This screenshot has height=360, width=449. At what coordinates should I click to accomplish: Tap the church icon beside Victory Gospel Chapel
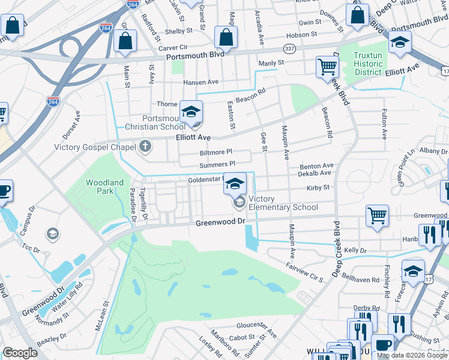coord(145,146)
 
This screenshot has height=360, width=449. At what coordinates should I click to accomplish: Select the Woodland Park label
coord(104,187)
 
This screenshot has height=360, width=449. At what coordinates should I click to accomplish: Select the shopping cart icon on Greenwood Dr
coord(377,215)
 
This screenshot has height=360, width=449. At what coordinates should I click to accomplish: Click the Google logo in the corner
coord(20,353)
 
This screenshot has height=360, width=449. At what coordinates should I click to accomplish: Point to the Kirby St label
coord(318,188)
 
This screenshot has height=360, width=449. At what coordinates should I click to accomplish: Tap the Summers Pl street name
coord(217,163)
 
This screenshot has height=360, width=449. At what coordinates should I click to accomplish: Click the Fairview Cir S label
coord(304,271)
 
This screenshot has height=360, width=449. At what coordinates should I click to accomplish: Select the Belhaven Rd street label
coord(362,280)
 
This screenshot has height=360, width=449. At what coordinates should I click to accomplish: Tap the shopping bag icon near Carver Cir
coord(125,41)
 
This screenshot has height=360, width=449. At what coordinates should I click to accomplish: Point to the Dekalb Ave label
coord(316,173)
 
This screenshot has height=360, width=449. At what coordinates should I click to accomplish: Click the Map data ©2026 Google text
coord(411,355)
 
